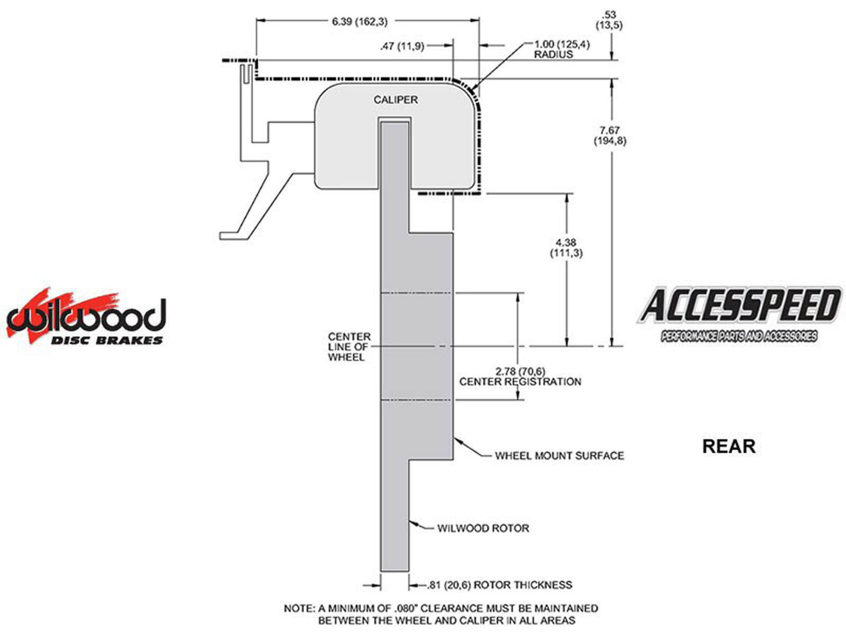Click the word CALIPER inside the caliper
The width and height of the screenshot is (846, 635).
coord(396,99)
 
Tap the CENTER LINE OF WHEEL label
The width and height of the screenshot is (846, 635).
coord(349,347)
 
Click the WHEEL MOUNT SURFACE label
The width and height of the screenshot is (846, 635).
coord(559,455)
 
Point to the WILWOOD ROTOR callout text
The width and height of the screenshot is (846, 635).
coord(483,528)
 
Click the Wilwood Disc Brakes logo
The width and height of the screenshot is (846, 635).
coord(86,317)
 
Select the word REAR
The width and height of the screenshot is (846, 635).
coord(728,446)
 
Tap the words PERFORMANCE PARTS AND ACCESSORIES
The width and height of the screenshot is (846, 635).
coord(739,337)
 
